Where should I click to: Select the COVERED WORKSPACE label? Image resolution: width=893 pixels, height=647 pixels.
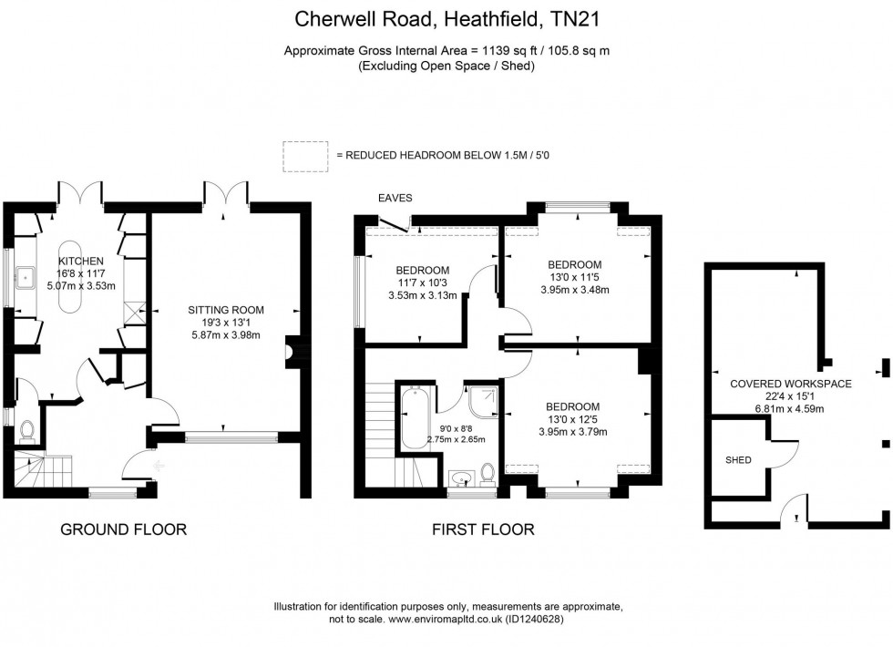[790, 384]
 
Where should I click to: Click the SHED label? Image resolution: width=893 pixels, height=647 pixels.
[739, 460]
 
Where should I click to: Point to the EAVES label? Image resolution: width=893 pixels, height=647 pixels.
[395, 197]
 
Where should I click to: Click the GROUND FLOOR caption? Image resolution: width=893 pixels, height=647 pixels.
[123, 529]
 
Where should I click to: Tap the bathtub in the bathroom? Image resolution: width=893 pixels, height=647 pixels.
[412, 417]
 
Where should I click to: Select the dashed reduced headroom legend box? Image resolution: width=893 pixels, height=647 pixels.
[305, 155]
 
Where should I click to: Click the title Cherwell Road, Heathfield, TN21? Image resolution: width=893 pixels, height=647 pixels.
[446, 17]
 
